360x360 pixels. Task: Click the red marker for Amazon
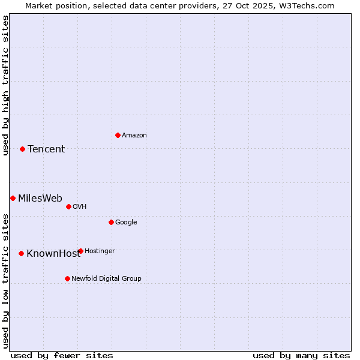(118, 135)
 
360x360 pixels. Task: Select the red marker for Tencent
(22, 149)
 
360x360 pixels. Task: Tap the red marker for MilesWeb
(13, 198)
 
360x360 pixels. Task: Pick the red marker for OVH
(68, 206)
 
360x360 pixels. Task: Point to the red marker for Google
(111, 222)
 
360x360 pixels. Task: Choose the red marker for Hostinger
(80, 251)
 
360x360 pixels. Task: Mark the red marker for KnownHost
(21, 253)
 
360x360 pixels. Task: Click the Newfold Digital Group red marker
(67, 278)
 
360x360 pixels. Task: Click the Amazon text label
(134, 135)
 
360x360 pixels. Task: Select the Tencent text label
(46, 149)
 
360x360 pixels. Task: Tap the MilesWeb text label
(40, 198)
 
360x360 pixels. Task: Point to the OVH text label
(80, 206)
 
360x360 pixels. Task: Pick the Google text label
(126, 222)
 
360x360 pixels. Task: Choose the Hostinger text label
(100, 251)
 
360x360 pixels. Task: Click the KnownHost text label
(53, 253)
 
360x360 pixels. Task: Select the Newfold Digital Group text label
(106, 278)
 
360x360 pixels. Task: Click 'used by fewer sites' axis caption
(62, 355)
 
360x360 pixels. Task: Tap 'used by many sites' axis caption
(301, 355)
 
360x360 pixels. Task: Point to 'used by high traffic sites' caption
(5, 85)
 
